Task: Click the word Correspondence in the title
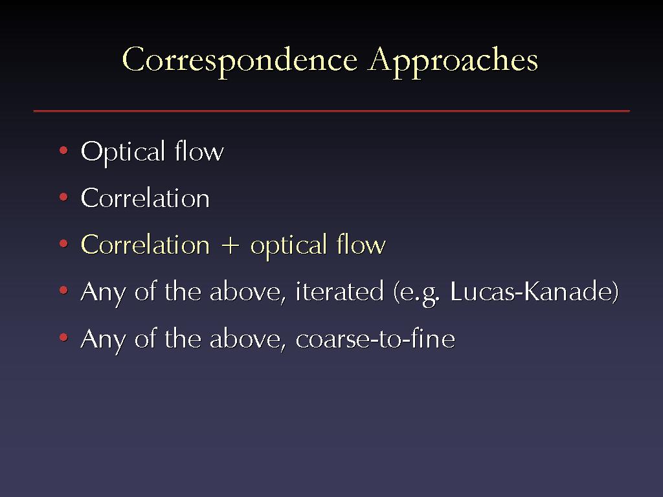point(240,60)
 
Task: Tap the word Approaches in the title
point(453,60)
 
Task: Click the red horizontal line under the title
point(331,111)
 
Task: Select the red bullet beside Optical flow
point(64,150)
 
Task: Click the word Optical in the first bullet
point(122,152)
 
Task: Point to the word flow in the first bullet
point(199,151)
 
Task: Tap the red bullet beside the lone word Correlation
point(64,197)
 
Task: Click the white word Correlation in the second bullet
point(145,197)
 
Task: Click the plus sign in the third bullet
point(230,246)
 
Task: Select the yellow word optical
point(288,246)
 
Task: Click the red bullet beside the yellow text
point(64,244)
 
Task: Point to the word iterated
point(339,291)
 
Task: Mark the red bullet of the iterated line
point(64,291)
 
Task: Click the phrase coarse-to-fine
point(375,338)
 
